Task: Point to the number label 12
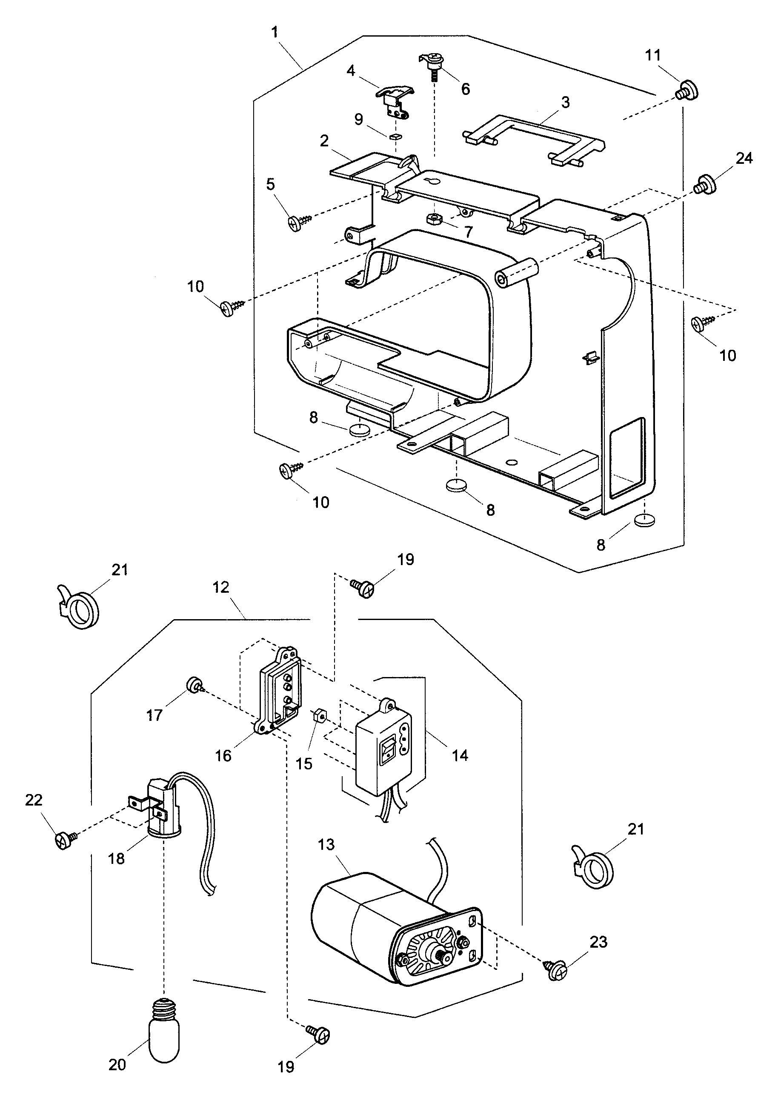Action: click(220, 588)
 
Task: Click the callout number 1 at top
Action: click(275, 33)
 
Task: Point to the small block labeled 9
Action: click(395, 137)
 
